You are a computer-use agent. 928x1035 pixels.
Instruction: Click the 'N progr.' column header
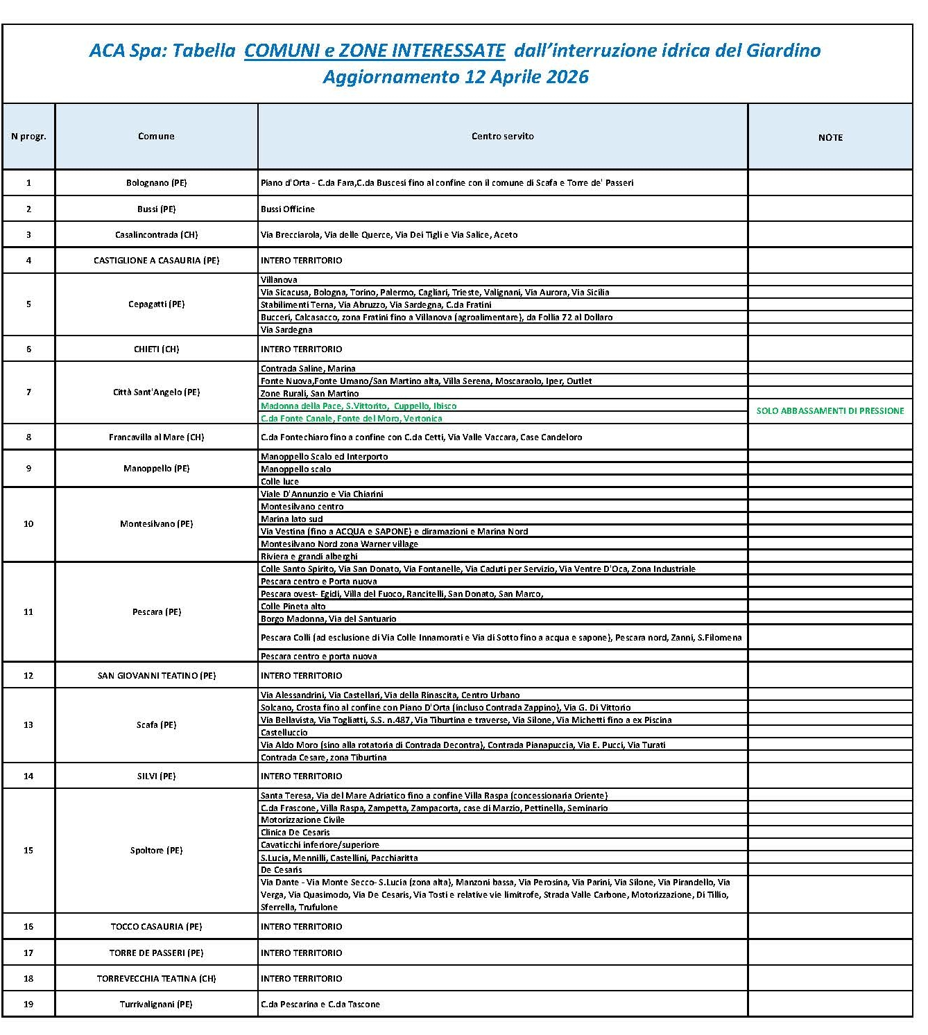28,137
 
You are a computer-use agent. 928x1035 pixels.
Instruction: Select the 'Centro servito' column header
502,137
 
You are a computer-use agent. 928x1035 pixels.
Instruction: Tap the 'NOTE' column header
830,138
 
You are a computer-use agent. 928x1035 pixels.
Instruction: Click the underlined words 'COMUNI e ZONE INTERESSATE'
375,51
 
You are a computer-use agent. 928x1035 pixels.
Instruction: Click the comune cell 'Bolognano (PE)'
156,183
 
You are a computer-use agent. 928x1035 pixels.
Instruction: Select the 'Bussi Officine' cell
288,209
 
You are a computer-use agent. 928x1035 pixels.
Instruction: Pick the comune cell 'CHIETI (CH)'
156,349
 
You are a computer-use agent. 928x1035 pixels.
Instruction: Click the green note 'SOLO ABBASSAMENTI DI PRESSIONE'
830,411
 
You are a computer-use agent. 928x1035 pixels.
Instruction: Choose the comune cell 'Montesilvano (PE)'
156,524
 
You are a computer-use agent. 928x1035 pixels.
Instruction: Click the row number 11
28,612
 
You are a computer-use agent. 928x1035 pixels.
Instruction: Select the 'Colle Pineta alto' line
293,607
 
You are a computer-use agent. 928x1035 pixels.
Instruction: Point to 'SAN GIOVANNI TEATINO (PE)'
156,676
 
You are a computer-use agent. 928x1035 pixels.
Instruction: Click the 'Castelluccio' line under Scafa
284,733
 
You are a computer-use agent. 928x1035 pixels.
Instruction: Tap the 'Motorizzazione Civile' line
302,820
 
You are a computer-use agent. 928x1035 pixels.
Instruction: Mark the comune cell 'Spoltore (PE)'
156,851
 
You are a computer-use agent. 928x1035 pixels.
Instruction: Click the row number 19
28,1004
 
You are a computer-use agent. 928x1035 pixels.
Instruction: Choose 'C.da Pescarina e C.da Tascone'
320,1004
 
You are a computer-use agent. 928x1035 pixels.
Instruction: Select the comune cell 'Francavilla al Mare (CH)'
156,437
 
